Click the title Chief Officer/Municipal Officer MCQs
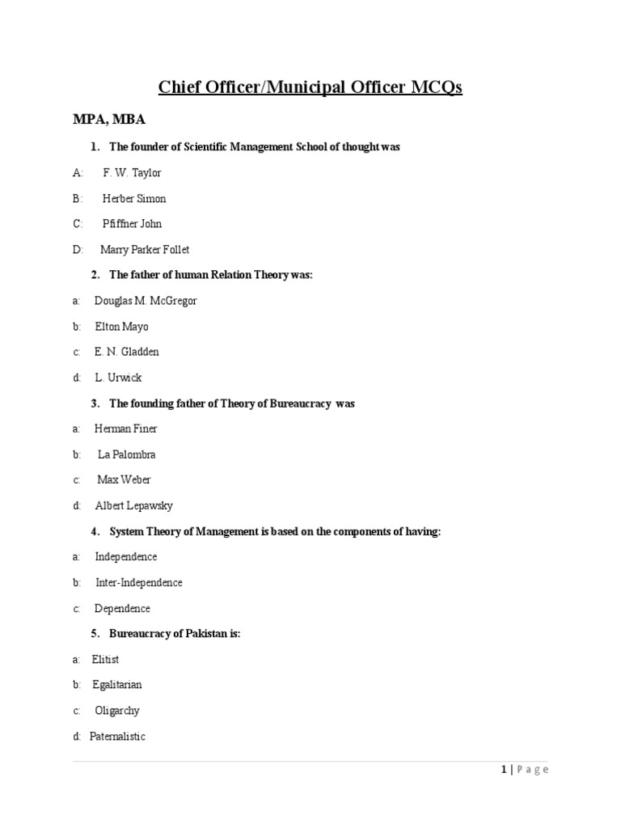click(310, 87)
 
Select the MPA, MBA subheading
click(109, 120)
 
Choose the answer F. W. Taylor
click(132, 172)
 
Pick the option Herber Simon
click(134, 198)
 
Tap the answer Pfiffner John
click(132, 224)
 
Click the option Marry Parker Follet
click(145, 250)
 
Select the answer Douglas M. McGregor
click(146, 301)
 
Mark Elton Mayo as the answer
click(121, 327)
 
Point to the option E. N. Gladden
click(127, 353)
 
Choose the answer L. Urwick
click(118, 378)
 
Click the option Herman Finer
click(126, 429)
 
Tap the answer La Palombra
click(127, 454)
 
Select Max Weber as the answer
click(124, 480)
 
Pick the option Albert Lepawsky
click(134, 506)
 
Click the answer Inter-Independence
click(139, 583)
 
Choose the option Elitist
click(106, 660)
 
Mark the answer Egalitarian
click(117, 685)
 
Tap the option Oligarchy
click(117, 711)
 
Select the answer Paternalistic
click(118, 737)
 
